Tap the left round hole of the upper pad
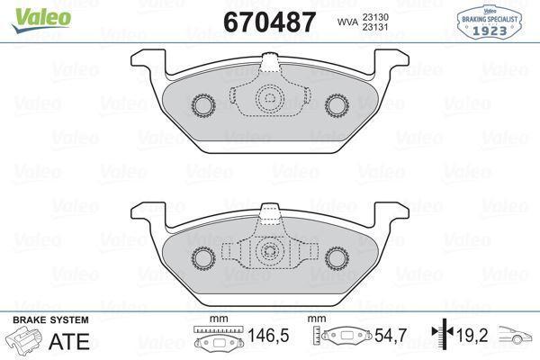(202, 105)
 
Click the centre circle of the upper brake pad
(270, 101)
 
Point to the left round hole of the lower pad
(202, 258)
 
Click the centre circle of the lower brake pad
(270, 254)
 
